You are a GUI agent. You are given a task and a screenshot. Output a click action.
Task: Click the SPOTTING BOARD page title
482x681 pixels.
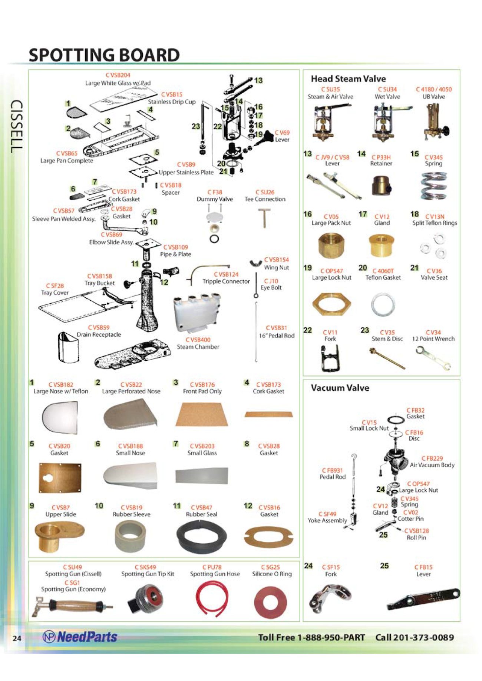pos(104,55)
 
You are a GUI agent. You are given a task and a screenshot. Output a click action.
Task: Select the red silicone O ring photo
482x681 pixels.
pos(271,602)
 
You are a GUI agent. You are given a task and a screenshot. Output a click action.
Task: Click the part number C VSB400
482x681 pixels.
pos(198,340)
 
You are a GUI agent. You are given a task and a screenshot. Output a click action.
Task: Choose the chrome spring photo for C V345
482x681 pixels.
pos(433,185)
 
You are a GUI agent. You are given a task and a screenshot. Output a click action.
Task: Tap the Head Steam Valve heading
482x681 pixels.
pos(348,79)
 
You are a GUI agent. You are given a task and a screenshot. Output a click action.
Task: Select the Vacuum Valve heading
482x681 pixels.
pos(340,388)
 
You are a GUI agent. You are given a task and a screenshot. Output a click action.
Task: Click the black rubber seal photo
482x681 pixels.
pos(202,536)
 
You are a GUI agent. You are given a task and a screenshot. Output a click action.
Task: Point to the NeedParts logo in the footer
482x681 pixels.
pos(80,637)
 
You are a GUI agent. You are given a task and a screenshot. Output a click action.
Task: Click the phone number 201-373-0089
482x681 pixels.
pos(423,637)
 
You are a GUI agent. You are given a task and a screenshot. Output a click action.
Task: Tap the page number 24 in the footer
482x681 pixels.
pos(17,638)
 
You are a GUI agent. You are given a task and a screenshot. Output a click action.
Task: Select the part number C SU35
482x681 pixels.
pos(330,89)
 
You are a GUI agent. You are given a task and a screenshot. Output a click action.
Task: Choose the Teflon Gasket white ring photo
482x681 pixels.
pos(383,304)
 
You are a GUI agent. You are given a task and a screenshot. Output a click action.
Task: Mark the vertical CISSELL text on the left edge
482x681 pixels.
pos(17,126)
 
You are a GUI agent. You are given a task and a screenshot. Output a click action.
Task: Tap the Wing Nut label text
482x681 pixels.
pos(276,267)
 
